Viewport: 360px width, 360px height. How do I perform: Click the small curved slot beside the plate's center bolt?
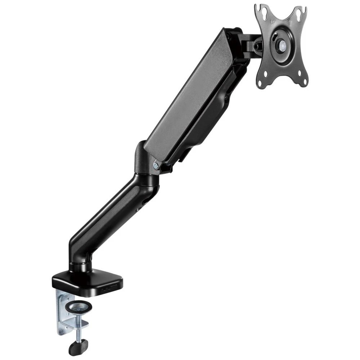click(275, 37)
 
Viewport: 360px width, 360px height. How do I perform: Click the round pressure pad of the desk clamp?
click(78, 307)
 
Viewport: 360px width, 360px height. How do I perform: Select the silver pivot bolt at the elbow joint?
click(156, 165)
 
